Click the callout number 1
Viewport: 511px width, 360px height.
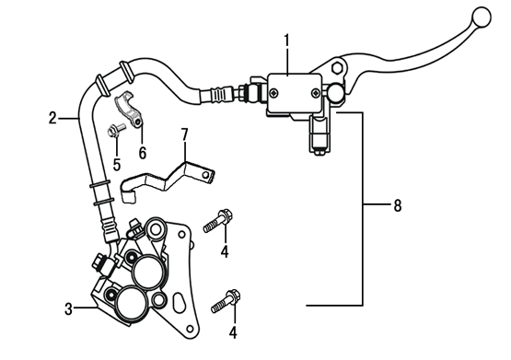point(286,41)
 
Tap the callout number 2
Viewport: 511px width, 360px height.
point(52,118)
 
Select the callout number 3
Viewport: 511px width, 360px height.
point(68,308)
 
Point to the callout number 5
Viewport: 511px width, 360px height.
point(117,165)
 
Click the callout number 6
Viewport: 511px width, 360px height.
point(143,153)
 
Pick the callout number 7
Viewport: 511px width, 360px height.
point(184,134)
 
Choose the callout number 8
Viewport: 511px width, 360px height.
point(397,206)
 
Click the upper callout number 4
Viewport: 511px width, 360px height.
point(225,252)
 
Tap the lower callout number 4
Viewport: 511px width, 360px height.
point(233,332)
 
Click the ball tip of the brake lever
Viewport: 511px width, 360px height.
point(482,17)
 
